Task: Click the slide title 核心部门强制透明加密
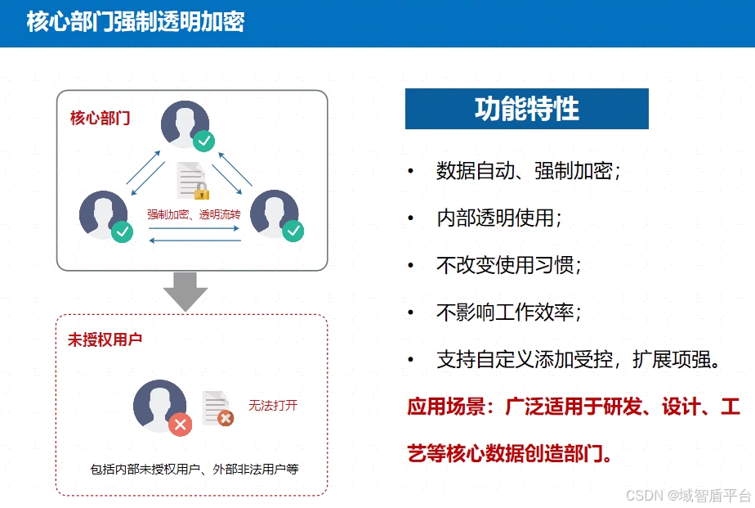[x=136, y=21]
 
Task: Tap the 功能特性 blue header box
[x=526, y=109]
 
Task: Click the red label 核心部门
[x=100, y=118]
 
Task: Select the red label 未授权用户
[x=105, y=339]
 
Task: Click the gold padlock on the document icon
[x=201, y=191]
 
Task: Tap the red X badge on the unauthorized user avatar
[x=180, y=424]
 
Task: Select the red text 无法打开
[x=273, y=406]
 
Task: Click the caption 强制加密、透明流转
[x=194, y=214]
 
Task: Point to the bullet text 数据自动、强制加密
[x=529, y=171]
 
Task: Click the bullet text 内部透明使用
[x=499, y=218]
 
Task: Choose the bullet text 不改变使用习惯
[x=509, y=266]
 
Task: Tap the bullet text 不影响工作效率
[x=509, y=312]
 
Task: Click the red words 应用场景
[x=450, y=407]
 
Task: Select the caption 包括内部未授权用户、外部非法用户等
[x=194, y=470]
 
